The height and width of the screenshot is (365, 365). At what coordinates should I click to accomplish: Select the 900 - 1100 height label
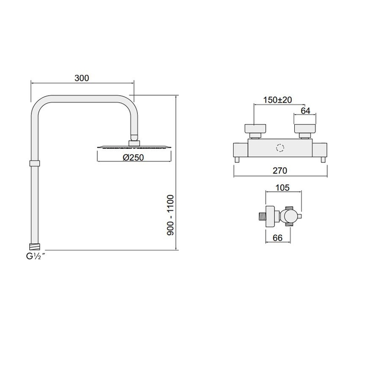click(170, 215)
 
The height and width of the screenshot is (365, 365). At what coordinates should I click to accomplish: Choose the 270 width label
click(279, 171)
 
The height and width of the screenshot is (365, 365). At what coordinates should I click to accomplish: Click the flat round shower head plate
click(134, 147)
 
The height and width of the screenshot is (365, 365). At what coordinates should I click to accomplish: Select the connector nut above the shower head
click(134, 142)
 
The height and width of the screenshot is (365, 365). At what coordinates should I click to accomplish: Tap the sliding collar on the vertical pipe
click(34, 163)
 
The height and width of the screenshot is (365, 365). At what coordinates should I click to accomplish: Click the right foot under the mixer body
click(323, 159)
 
